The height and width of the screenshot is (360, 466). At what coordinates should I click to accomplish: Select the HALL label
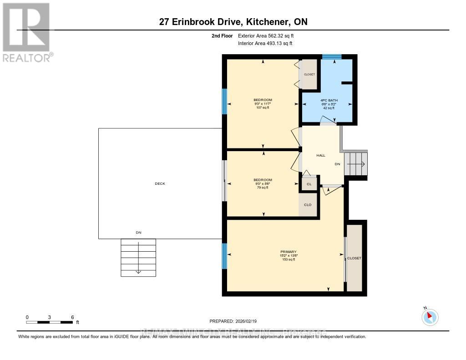[321, 156]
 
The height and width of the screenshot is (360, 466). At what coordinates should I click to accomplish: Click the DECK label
[160, 184]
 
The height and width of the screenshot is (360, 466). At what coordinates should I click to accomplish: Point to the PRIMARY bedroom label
[289, 252]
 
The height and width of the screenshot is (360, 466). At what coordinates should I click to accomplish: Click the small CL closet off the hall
[309, 184]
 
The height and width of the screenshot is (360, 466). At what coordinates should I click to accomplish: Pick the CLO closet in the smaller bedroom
[308, 205]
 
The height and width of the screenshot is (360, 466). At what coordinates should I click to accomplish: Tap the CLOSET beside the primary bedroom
[354, 258]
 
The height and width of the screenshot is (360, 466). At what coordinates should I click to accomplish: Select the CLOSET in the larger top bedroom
[309, 74]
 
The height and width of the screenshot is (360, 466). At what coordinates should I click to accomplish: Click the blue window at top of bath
[332, 57]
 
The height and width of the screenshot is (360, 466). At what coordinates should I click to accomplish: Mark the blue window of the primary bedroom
[224, 256]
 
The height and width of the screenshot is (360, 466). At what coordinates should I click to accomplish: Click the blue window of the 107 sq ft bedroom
[224, 101]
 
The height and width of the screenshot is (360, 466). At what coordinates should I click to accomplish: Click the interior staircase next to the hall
[355, 164]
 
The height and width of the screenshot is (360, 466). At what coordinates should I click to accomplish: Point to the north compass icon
[430, 317]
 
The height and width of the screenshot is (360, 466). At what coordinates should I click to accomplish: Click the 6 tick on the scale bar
[72, 317]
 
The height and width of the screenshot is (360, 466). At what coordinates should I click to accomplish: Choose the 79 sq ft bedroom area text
[263, 188]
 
